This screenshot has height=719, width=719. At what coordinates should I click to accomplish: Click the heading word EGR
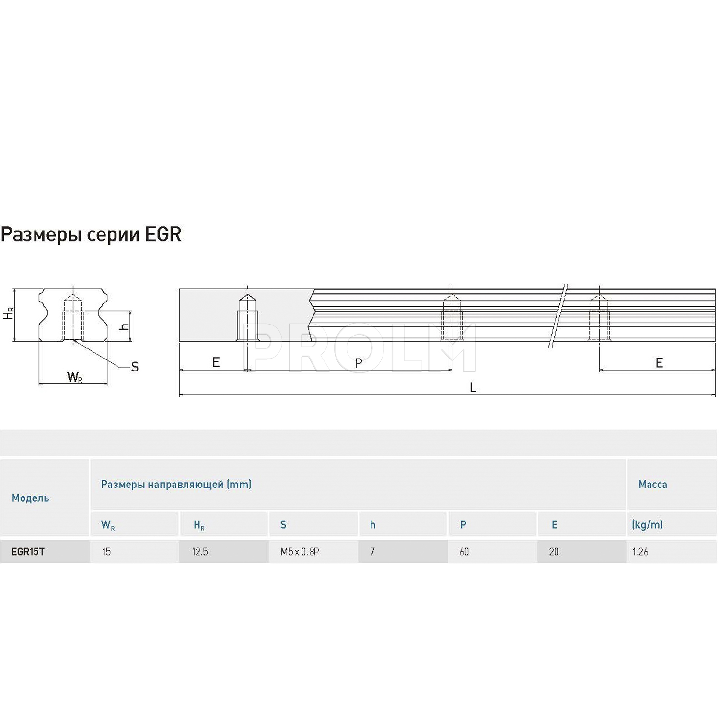163,234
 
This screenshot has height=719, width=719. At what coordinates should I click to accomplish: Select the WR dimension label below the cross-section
75,377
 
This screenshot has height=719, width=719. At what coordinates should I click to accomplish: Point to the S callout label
135,367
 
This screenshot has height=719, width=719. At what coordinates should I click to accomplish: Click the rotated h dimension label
124,326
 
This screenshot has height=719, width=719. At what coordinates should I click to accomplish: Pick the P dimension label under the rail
359,363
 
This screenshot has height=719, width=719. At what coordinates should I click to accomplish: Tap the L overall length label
473,387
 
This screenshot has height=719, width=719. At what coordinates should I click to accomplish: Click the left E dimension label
216,362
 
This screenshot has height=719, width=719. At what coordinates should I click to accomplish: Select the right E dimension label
660,363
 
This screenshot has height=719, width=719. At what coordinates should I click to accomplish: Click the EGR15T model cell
28,551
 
